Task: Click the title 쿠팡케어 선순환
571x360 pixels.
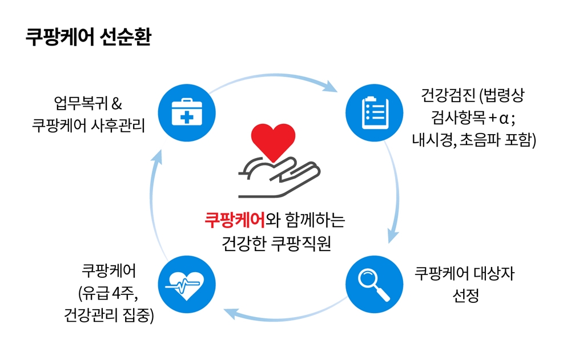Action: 88,37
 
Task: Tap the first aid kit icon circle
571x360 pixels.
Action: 187,113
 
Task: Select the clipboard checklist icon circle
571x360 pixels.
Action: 375,113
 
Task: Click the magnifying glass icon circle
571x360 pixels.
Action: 375,284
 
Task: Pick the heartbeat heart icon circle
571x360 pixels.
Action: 187,284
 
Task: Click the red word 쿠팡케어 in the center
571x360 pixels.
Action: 235,220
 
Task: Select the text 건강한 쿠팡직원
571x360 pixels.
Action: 276,243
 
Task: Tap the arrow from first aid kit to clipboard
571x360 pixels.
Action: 273,76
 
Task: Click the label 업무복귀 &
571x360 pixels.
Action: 88,103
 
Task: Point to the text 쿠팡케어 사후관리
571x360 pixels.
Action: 89,126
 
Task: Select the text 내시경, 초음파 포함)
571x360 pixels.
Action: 474,140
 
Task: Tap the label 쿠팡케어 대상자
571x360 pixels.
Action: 465,273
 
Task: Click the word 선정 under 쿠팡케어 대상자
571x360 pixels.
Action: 465,296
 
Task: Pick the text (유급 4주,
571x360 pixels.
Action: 108,293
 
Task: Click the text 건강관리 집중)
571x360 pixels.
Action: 108,315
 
